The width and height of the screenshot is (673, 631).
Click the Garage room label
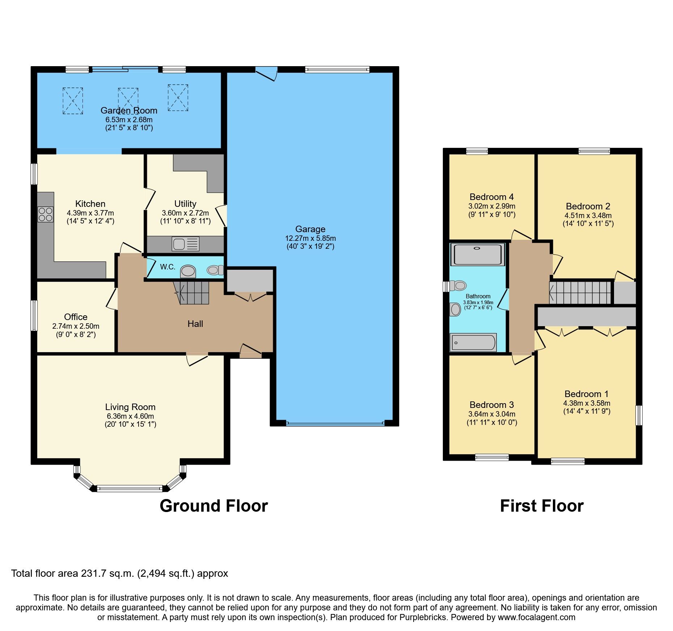tap(310, 229)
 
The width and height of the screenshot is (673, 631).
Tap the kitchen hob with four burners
tap(46, 214)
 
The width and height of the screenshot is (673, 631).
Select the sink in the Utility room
tap(186, 244)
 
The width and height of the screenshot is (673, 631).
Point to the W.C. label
tap(168, 267)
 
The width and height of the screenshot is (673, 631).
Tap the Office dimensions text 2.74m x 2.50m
tap(76, 326)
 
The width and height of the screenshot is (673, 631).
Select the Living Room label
tap(130, 407)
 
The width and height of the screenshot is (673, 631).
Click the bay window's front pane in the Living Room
tap(130, 489)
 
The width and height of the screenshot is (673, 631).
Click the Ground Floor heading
tap(213, 506)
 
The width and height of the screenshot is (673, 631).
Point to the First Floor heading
tap(541, 506)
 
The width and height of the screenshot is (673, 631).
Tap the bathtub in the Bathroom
tap(473, 342)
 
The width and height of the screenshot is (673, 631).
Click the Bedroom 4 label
tap(491, 197)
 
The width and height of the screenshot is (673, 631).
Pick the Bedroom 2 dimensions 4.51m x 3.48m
tap(588, 216)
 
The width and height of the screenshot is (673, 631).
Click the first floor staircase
tap(580, 293)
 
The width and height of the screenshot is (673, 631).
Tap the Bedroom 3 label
tap(491, 405)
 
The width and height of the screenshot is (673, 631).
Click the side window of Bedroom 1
tap(639, 415)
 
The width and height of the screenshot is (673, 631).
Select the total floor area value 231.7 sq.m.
tap(107, 574)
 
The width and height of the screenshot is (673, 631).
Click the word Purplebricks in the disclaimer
tap(423, 617)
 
